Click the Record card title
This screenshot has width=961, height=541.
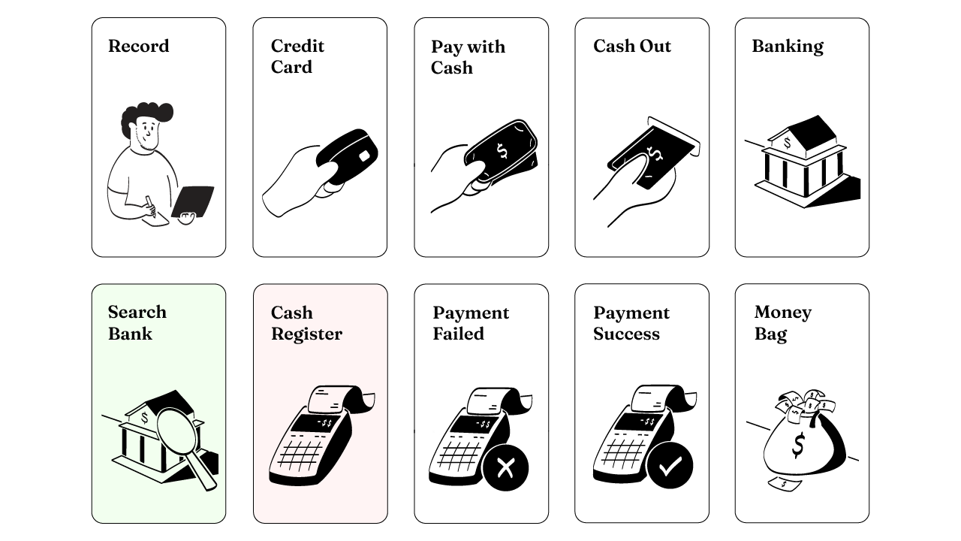(138, 46)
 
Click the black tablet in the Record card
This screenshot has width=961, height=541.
(194, 201)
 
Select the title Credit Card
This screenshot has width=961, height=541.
(297, 56)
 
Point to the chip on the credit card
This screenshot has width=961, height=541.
(363, 156)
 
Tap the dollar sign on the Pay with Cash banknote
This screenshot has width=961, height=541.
(502, 152)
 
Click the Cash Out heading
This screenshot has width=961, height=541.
(632, 46)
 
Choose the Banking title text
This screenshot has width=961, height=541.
(788, 46)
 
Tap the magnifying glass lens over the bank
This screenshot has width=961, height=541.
(178, 429)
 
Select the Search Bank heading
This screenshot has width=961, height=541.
(137, 322)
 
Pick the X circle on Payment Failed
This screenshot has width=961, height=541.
(505, 468)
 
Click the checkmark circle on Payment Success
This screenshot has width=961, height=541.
(670, 467)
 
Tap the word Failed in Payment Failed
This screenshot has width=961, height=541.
(458, 334)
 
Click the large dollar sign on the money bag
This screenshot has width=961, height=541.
(798, 445)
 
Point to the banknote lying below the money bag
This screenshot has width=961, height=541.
(785, 485)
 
